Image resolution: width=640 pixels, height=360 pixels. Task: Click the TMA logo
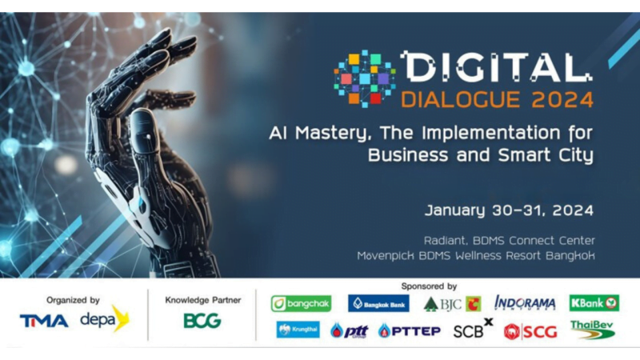44,321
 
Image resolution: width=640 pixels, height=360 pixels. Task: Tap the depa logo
105,318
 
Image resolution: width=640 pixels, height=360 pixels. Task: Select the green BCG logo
202,321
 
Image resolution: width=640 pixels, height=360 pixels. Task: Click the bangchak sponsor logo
301,304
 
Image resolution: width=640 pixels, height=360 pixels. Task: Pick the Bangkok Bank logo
378,303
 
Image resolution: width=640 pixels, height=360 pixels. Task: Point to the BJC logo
452,304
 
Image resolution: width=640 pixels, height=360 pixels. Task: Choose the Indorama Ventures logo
525,303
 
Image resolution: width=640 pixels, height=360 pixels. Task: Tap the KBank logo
594,303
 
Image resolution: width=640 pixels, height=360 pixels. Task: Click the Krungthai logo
298,330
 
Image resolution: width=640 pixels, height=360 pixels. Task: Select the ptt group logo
349,330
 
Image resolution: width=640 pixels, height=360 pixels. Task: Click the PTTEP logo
410,330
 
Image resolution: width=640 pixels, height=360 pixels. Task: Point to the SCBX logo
473,328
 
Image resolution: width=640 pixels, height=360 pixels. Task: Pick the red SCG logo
530,332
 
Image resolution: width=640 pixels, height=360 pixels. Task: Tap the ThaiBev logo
592,330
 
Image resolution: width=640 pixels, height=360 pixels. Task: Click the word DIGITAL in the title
496,66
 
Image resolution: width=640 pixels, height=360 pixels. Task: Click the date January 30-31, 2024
509,210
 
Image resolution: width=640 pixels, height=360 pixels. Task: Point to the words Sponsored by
429,286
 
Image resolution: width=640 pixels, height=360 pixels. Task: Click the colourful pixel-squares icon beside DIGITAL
365,78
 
